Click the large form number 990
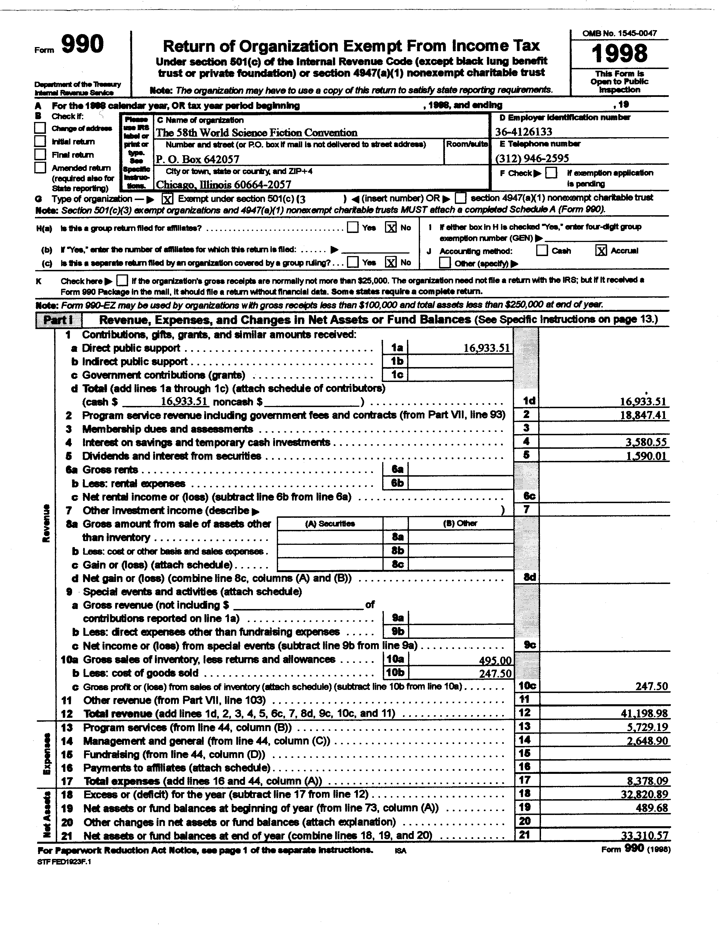83,45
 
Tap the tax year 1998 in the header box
619,54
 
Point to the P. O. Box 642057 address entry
197,159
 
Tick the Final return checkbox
40,154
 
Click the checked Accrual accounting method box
600,251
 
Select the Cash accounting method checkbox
542,251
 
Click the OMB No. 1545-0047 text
619,33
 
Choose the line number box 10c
527,686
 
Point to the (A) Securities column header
330,523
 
